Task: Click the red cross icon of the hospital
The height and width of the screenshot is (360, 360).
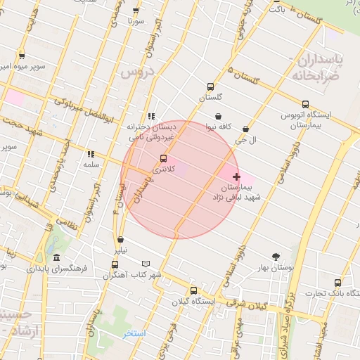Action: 236,176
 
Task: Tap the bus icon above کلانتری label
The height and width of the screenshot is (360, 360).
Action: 164,159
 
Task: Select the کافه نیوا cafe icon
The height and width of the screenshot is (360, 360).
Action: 219,117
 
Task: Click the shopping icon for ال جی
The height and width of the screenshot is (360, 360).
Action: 245,129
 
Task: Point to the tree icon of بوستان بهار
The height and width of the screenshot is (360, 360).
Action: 276,257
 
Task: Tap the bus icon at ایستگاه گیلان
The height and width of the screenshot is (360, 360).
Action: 193,291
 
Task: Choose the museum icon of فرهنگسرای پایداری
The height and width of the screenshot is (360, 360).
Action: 56,258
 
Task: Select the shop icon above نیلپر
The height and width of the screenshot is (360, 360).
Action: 121,240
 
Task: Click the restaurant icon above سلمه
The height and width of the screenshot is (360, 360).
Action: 90,154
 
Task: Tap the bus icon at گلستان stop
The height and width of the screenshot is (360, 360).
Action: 210,86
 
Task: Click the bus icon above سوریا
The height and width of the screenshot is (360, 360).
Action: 136,11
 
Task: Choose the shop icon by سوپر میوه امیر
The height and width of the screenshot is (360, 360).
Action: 22,56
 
